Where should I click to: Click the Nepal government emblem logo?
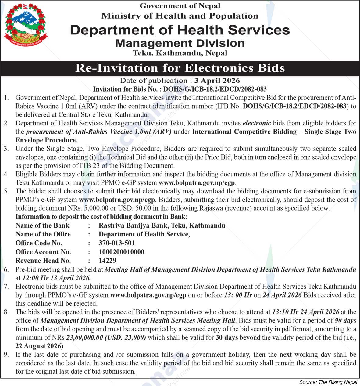26,26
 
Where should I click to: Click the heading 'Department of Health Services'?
180,30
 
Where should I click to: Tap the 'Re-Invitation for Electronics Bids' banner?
180,68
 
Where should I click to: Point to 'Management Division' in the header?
180,43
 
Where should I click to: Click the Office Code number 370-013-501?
116,243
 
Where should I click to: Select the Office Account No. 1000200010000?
121,252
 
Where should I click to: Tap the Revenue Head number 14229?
107,261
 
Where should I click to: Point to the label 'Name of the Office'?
43,234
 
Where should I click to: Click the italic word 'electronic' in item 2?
256,123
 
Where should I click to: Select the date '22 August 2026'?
38,346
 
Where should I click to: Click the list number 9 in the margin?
6,355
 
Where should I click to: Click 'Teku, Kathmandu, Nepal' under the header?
180,53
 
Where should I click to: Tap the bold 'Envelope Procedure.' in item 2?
46,140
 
